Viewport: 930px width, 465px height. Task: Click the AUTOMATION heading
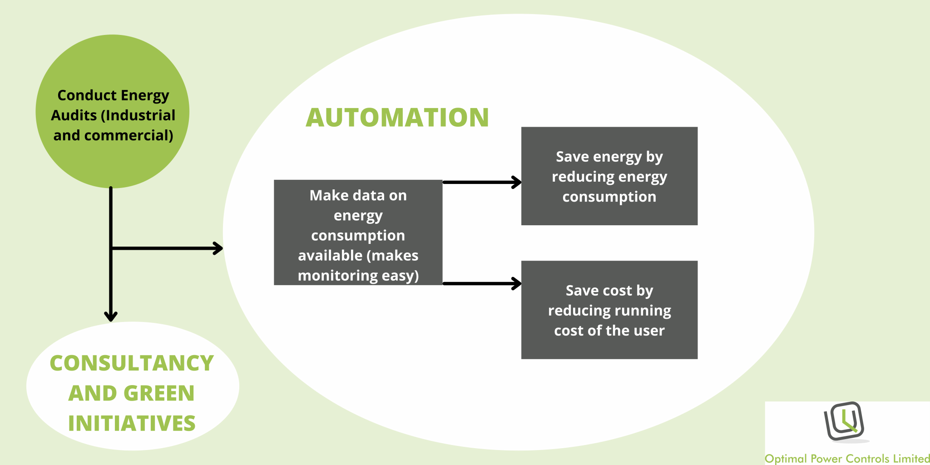pos(397,118)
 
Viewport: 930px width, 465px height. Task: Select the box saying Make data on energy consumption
pos(358,232)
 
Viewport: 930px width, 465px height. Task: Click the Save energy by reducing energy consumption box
pos(609,176)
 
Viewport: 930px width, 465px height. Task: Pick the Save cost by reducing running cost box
pos(609,310)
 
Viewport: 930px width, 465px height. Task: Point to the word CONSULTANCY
pos(132,363)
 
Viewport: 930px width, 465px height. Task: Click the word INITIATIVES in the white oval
pos(132,423)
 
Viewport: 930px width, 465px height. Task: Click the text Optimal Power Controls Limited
pos(847,459)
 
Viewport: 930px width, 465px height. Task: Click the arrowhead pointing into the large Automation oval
pos(218,248)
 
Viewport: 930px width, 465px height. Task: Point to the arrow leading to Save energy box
pos(481,183)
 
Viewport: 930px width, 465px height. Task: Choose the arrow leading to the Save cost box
pos(481,284)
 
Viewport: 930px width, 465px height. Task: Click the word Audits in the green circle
pos(74,115)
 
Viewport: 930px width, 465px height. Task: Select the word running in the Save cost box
pos(643,311)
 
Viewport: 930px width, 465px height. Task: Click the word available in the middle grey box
pos(330,256)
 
